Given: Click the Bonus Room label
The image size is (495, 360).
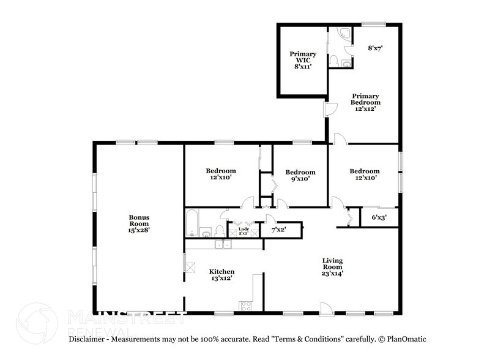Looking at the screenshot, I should [139, 223].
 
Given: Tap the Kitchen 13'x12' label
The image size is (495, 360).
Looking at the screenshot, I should [221, 275].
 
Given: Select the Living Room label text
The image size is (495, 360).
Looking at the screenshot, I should [333, 267].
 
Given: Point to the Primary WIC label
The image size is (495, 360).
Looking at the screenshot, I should [303, 60].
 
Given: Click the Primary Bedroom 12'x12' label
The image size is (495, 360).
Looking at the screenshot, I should [365, 102].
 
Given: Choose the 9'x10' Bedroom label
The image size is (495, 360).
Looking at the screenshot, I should [300, 176].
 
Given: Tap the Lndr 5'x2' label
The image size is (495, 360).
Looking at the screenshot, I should [235, 230].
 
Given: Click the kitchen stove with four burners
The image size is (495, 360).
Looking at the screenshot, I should [246, 306].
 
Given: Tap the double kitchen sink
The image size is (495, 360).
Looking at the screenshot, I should [221, 245].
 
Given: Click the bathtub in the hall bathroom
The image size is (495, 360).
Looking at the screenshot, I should [192, 223].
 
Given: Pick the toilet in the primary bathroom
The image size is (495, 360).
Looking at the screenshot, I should [335, 61].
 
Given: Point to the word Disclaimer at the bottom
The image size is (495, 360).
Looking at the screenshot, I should [89, 339].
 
